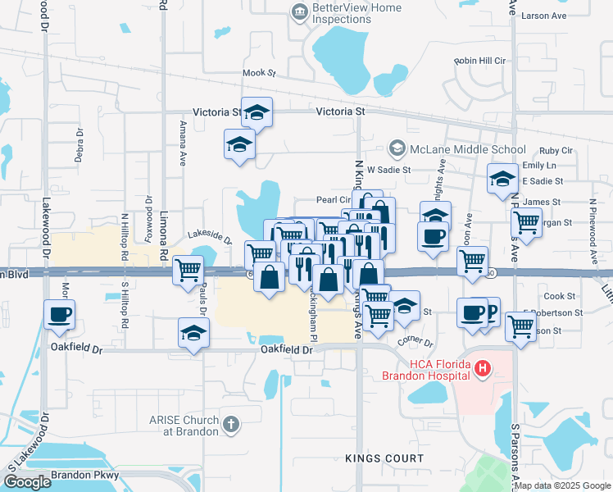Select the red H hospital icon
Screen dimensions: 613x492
[483, 369]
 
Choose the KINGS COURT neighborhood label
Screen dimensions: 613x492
[384, 458]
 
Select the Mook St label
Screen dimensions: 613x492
[259, 73]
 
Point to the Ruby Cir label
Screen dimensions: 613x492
[556, 150]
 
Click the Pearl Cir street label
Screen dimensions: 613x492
[334, 199]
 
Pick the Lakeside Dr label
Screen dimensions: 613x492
[210, 237]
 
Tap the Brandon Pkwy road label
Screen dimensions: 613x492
[84, 475]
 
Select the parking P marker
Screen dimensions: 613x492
[490, 312]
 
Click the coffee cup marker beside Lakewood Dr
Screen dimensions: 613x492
[60, 314]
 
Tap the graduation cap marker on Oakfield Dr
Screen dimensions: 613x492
[193, 333]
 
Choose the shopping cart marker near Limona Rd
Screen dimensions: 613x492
[188, 268]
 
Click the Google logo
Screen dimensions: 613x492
[27, 482]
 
